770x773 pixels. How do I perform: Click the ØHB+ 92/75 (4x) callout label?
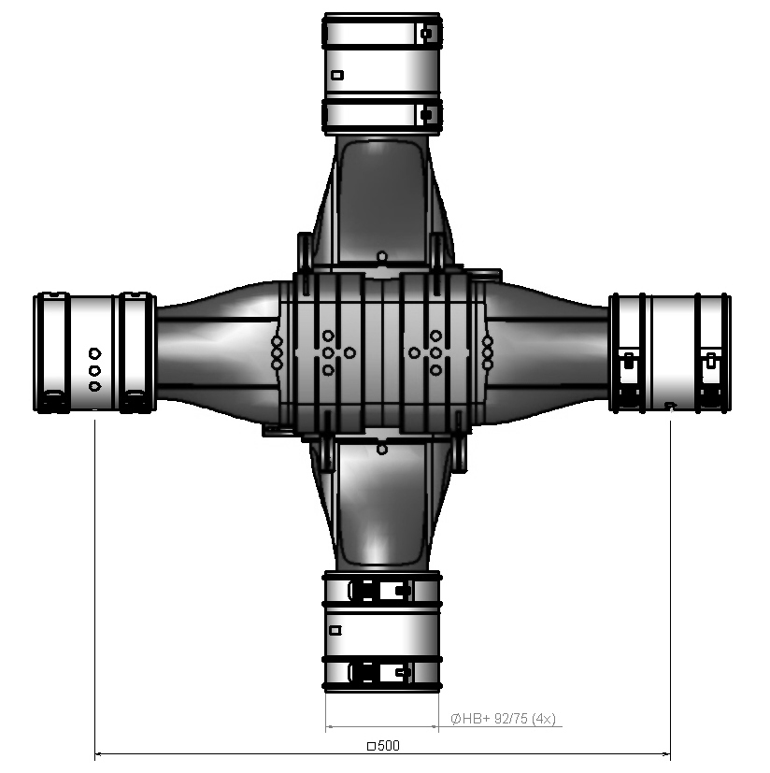tap(503, 719)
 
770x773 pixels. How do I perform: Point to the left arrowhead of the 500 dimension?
tap(99, 754)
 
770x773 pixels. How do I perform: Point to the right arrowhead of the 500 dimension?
tap(666, 754)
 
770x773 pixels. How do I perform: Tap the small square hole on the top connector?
tap(338, 75)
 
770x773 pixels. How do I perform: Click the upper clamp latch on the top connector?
tap(426, 34)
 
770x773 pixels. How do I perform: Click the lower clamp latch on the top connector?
tap(426, 116)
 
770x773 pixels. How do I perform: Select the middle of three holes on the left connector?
tap(94, 369)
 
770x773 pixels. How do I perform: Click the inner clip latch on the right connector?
tap(629, 358)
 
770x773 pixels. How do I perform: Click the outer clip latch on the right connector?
tap(713, 358)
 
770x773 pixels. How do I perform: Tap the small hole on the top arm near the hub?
tap(381, 255)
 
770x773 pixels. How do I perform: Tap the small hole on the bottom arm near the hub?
tap(381, 449)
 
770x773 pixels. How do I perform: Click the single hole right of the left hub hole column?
tap(349, 352)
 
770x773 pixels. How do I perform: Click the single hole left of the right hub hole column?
tap(414, 352)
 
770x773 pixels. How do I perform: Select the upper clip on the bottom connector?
tap(378, 591)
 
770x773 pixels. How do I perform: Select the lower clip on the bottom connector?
tap(378, 671)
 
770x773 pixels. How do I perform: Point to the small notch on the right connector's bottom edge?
tap(669, 405)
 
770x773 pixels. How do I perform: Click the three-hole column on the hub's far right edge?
tap(487, 352)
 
